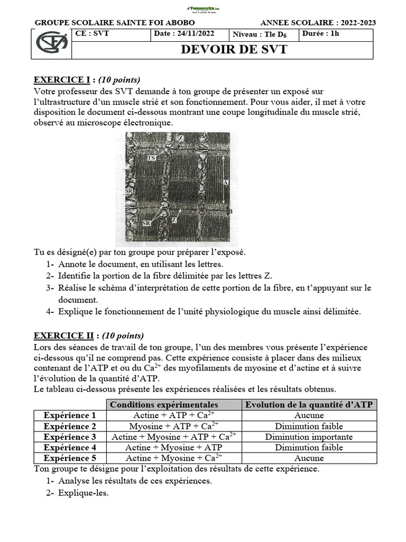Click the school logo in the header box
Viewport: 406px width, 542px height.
pos(51,43)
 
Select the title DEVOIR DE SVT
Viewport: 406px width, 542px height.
pos(234,50)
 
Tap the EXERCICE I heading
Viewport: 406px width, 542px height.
pos(62,80)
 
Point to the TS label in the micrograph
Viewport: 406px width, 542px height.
pos(151,158)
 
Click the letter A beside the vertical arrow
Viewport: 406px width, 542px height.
pos(225,182)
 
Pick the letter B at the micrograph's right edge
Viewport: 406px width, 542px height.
pos(229,211)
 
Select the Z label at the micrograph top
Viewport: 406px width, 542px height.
pos(181,138)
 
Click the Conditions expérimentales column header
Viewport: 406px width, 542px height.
pos(163,405)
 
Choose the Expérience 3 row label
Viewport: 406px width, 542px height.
pos(70,437)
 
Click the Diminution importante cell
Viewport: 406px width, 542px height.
pos(309,437)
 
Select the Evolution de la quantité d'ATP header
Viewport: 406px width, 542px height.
pos(309,405)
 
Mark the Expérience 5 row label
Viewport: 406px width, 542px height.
pos(70,458)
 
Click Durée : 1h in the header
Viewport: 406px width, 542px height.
pos(321,34)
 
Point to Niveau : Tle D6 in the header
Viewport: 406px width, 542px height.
pos(263,34)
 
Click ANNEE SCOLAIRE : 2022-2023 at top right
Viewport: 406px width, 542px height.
pos(318,23)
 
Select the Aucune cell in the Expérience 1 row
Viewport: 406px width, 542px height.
pos(309,415)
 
